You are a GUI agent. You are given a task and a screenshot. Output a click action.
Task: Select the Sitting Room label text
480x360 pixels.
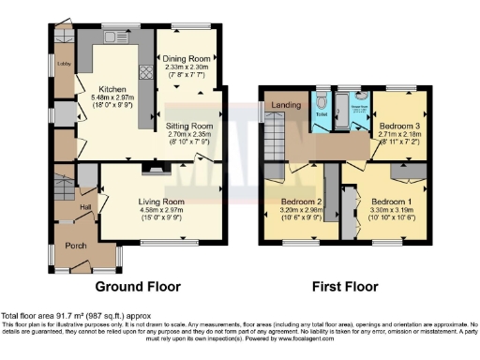(x=189, y=125)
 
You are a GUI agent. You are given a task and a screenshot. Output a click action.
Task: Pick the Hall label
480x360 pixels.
(x=85, y=207)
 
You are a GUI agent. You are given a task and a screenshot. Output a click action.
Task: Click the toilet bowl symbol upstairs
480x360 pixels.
(x=322, y=100)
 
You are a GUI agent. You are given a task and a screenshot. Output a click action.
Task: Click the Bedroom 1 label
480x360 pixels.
(x=390, y=202)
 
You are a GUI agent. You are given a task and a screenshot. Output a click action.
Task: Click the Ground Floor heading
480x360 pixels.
(x=137, y=287)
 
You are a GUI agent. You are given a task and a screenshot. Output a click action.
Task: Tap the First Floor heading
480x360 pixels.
(x=347, y=287)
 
